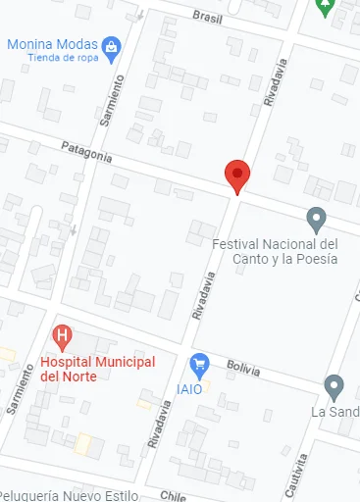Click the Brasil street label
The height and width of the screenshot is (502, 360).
[208, 17]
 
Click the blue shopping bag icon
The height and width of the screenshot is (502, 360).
[112, 46]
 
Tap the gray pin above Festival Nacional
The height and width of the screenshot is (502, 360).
[316, 218]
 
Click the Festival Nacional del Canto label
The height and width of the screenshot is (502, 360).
[275, 251]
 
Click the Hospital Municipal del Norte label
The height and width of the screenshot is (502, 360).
[97, 370]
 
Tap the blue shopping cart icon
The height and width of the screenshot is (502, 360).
[200, 365]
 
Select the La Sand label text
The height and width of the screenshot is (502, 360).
[334, 412]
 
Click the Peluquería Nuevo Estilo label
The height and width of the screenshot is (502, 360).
[70, 494]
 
